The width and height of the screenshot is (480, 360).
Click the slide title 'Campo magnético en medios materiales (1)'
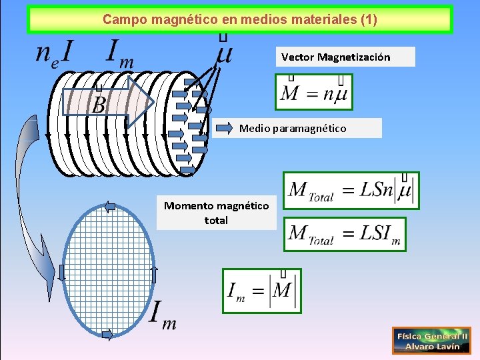pos(239,20)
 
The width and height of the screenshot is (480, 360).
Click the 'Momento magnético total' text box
pos(216,213)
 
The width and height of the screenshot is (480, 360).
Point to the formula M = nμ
pos(314,92)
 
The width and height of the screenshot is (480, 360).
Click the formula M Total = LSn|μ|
pos(351,191)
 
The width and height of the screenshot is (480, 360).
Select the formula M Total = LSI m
pos(344,233)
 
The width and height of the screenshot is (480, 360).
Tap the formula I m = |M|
pos(262,291)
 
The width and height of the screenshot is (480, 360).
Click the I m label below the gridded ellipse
pos(163,315)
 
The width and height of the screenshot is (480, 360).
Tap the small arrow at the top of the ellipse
pos(110,206)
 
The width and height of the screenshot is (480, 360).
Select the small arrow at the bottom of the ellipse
pos(107,335)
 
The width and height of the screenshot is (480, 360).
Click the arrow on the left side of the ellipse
pos(61,272)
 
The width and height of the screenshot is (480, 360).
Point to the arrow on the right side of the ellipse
pos(154,273)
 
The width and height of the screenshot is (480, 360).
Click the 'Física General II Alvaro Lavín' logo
pos(431,340)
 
